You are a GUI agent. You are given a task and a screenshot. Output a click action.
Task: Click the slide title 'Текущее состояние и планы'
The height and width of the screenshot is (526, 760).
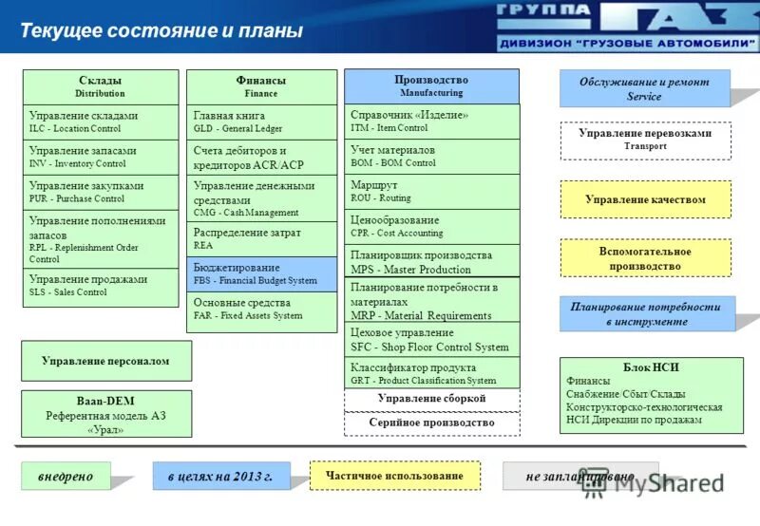[x=161, y=30]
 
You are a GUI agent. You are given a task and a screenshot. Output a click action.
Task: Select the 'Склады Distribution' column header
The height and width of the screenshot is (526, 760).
[x=100, y=86]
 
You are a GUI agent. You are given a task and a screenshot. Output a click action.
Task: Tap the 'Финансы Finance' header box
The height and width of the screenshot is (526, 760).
[x=260, y=86]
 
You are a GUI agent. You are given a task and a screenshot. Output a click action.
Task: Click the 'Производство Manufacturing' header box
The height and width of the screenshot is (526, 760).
[x=431, y=85]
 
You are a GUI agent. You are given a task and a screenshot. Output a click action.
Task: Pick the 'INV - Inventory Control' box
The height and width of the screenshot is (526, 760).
[x=100, y=157]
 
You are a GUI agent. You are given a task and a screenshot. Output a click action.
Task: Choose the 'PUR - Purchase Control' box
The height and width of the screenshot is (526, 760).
[x=100, y=192]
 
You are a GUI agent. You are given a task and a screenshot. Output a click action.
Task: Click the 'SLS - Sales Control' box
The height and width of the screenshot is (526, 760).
[x=100, y=286]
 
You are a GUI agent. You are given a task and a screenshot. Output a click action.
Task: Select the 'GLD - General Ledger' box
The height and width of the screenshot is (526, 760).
[x=260, y=122]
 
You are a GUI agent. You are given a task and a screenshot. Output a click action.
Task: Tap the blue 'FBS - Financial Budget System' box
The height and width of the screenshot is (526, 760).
[x=260, y=273]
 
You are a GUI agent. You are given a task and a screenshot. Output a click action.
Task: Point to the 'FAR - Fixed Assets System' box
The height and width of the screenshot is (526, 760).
[x=260, y=310]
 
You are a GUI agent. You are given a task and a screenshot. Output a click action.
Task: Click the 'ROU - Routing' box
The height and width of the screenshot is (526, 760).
[x=431, y=191]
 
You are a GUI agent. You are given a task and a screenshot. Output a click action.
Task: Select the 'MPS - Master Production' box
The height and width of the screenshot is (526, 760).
[x=431, y=261]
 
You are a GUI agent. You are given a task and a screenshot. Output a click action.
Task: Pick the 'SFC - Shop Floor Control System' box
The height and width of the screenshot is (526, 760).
[x=431, y=339]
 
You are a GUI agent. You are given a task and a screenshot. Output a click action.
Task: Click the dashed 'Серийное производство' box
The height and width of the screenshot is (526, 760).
[x=431, y=423]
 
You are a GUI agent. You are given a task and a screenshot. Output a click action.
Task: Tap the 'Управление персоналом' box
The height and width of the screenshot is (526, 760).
[x=105, y=361]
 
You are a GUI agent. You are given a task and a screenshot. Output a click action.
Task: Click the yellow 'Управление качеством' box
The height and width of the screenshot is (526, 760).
[x=645, y=199]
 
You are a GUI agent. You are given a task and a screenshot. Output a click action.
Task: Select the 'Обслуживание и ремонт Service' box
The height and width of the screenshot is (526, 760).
[x=644, y=88]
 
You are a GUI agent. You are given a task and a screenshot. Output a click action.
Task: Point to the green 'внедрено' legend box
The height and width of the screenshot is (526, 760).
[x=66, y=476]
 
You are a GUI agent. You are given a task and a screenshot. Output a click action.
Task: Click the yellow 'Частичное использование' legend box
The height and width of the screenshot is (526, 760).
[x=394, y=476]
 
